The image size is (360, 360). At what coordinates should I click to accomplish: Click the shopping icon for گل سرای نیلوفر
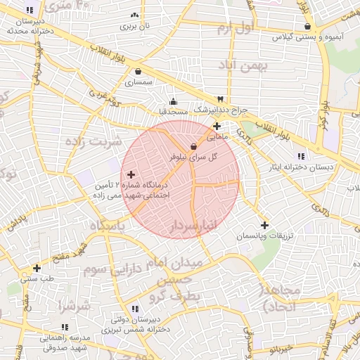pyautogui.click(x=193, y=146)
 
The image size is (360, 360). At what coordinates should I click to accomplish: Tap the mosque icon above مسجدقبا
pyautogui.click(x=174, y=101)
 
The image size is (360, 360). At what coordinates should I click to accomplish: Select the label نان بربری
pyautogui.click(x=136, y=26)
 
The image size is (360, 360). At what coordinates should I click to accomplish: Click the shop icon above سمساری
pyautogui.click(x=138, y=72)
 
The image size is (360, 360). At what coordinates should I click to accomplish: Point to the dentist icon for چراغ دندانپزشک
pyautogui.click(x=221, y=99)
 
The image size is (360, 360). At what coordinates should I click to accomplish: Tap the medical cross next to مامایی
pyautogui.click(x=217, y=127)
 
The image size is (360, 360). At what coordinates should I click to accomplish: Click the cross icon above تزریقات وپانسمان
pyautogui.click(x=264, y=226)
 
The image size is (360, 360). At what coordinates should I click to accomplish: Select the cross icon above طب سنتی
pyautogui.click(x=37, y=268)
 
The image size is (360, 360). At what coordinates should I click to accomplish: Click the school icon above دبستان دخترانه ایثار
pyautogui.click(x=301, y=156)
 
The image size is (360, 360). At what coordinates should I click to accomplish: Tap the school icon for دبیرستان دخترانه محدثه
pyautogui.click(x=30, y=11)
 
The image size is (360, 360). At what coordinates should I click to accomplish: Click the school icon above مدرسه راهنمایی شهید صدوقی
pyautogui.click(x=65, y=328)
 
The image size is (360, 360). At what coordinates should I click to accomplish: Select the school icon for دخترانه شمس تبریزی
pyautogui.click(x=134, y=309)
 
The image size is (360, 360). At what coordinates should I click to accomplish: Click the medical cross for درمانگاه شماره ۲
pyautogui.click(x=131, y=174)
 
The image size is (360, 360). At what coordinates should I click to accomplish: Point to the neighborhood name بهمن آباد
pyautogui.click(x=244, y=67)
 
